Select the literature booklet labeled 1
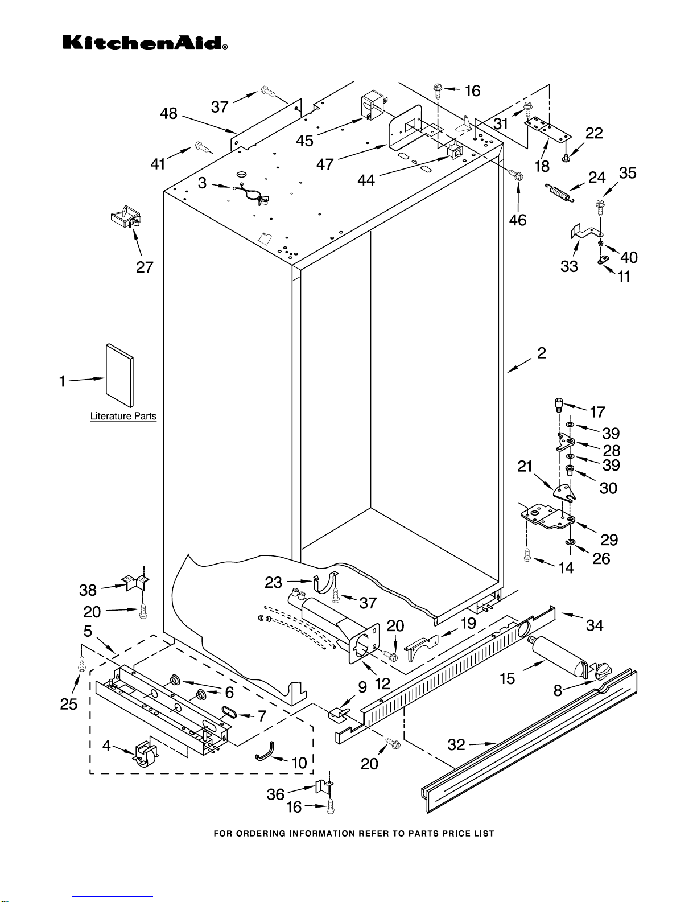(x=119, y=376)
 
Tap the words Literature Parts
(x=123, y=417)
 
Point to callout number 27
(x=145, y=266)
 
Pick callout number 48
(x=168, y=114)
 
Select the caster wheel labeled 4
(x=145, y=755)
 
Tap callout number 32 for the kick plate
(x=456, y=744)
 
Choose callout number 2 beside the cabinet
(x=541, y=353)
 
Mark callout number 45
(x=305, y=141)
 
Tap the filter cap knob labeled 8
(x=602, y=672)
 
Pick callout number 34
(x=595, y=625)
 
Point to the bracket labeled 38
(x=135, y=583)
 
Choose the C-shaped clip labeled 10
(x=265, y=752)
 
